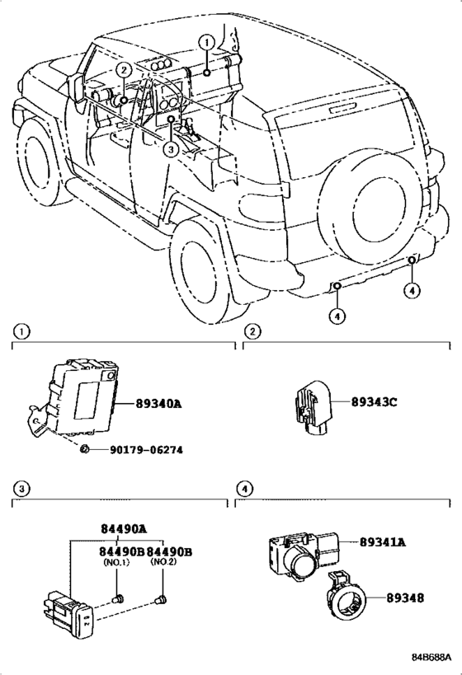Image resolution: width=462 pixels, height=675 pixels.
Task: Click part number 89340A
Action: pyautogui.click(x=158, y=404)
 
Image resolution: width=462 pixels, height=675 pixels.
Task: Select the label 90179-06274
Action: pyautogui.click(x=146, y=450)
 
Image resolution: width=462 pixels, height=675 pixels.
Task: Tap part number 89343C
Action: pyautogui.click(x=374, y=402)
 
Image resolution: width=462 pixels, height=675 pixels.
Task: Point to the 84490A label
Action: pyautogui.click(x=124, y=528)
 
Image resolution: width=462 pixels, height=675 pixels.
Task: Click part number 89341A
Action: pyautogui.click(x=383, y=542)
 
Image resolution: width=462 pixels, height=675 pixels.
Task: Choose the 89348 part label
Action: pyautogui.click(x=405, y=598)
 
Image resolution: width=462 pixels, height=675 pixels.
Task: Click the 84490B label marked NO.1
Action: pyautogui.click(x=121, y=551)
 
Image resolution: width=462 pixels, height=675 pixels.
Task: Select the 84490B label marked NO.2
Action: pyautogui.click(x=169, y=551)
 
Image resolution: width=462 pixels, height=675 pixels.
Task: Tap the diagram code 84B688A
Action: pyautogui.click(x=431, y=657)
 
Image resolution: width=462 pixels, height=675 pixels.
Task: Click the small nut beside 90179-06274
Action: pyautogui.click(x=84, y=449)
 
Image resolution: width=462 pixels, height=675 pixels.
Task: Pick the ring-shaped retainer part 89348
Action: pyautogui.click(x=346, y=599)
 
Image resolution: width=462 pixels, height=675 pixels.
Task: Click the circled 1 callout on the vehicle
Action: pyautogui.click(x=206, y=43)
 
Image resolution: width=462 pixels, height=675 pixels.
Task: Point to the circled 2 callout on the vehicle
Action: pyautogui.click(x=123, y=69)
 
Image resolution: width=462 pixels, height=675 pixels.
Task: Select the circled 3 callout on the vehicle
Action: pyautogui.click(x=171, y=149)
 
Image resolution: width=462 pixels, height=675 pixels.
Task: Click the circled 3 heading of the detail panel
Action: pyautogui.click(x=22, y=489)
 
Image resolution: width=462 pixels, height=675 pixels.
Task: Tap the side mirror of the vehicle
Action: pyautogui.click(x=78, y=94)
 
